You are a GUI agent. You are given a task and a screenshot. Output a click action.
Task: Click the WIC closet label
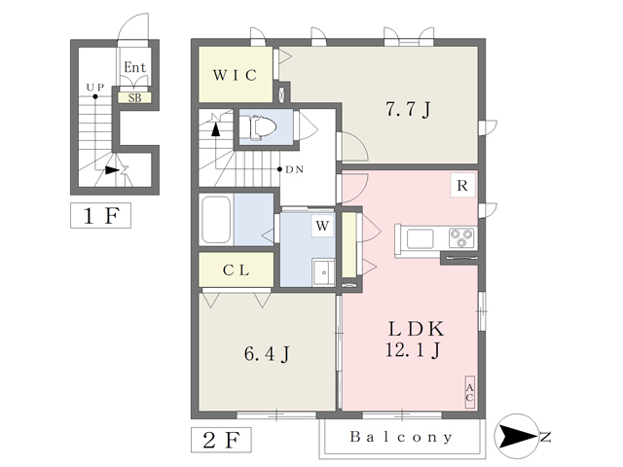coord(235,75)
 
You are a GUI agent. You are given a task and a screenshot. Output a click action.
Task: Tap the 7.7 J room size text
coord(408,109)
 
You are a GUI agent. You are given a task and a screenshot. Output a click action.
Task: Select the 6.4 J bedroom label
coord(267,354)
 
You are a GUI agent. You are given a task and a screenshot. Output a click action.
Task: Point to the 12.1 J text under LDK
coord(413,350)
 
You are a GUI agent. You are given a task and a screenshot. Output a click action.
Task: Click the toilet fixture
coord(259,127)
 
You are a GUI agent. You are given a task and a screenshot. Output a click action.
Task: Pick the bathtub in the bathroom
coord(216,220)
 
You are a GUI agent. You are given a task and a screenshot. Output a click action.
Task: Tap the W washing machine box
coord(322,226)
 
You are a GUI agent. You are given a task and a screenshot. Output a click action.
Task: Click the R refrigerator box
coord(462,185)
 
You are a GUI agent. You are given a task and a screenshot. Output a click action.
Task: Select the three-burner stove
coord(462,238)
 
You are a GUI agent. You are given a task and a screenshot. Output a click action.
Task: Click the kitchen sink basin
coord(420,239)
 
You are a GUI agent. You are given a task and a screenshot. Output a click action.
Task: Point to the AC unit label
coord(469,392)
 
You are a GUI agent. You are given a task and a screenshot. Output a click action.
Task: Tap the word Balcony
coord(401,437)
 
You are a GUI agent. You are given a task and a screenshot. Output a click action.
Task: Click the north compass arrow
coord(518,436)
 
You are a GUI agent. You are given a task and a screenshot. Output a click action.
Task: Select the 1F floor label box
coord(100,216)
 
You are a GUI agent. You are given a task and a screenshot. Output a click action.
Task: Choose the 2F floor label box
coord(221,440)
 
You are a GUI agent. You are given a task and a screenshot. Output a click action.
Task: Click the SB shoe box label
coord(134,97)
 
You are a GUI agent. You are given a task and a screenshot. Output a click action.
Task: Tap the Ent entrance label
coord(134,67)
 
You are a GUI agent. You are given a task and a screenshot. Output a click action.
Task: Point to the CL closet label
coord(236,270)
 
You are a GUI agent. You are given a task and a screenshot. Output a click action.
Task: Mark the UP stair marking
coord(95,87)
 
